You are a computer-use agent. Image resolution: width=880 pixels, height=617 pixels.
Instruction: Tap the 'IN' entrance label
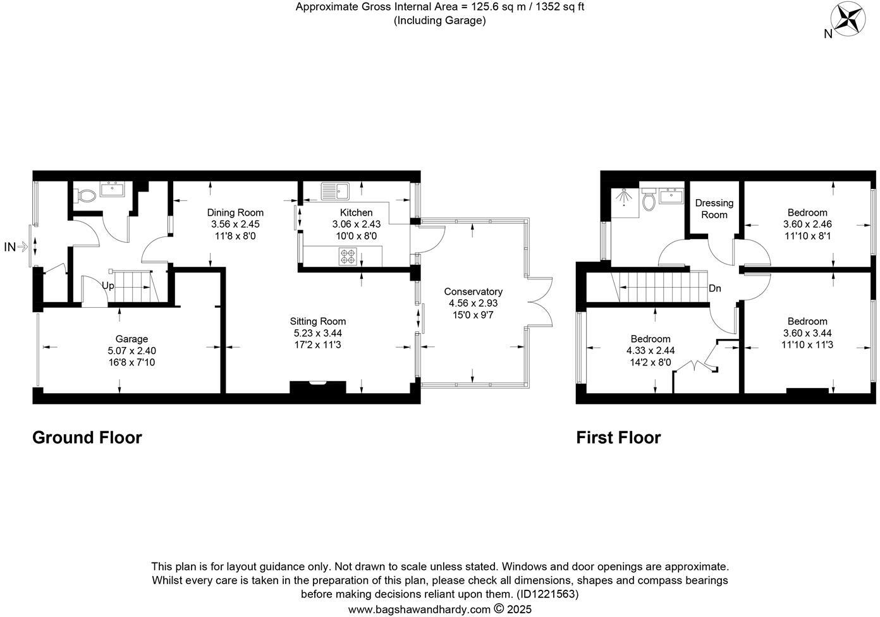coord(10,247)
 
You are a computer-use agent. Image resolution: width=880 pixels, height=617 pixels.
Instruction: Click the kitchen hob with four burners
coord(348,257)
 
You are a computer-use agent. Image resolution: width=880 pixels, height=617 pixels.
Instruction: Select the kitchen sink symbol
coord(336,190)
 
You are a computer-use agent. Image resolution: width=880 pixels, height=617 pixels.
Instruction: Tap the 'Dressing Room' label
coord(714,209)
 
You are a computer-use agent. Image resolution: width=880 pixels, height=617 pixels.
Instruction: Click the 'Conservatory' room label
coord(473,291)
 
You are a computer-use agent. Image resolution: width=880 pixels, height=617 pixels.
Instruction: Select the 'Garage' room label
coord(131,339)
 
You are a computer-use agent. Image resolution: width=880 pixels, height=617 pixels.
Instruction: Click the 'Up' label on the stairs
coord(108,286)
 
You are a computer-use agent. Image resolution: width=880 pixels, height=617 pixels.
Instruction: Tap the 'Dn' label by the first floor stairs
coord(714,288)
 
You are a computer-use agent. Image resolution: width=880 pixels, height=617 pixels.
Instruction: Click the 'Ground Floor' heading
coord(87,437)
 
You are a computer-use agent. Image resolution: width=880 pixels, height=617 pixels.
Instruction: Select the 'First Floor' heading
coord(618,437)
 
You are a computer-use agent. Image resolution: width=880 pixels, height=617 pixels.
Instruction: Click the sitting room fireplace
coord(317,387)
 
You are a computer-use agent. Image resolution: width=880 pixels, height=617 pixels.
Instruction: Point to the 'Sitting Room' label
coord(317,321)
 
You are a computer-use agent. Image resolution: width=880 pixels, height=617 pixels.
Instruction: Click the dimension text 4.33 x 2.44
coord(651,350)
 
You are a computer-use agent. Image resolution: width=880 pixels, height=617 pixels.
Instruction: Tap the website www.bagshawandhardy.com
coord(419,609)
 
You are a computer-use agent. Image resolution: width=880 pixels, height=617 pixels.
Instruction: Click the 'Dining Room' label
coord(235,212)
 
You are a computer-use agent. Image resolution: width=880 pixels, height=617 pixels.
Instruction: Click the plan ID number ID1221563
coord(547,594)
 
